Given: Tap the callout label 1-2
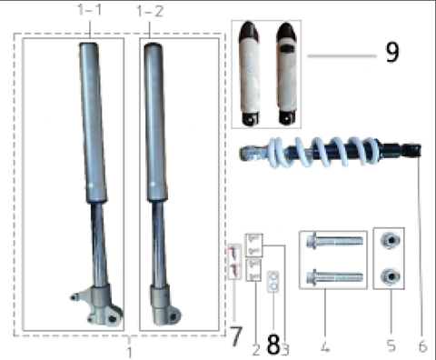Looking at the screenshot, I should tap(150, 11).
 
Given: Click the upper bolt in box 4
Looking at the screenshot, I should tap(335, 243).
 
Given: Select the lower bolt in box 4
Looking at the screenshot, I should tap(335, 276).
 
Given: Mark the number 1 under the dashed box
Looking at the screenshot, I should tap(129, 349).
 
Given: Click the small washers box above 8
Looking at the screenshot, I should tap(271, 283).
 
